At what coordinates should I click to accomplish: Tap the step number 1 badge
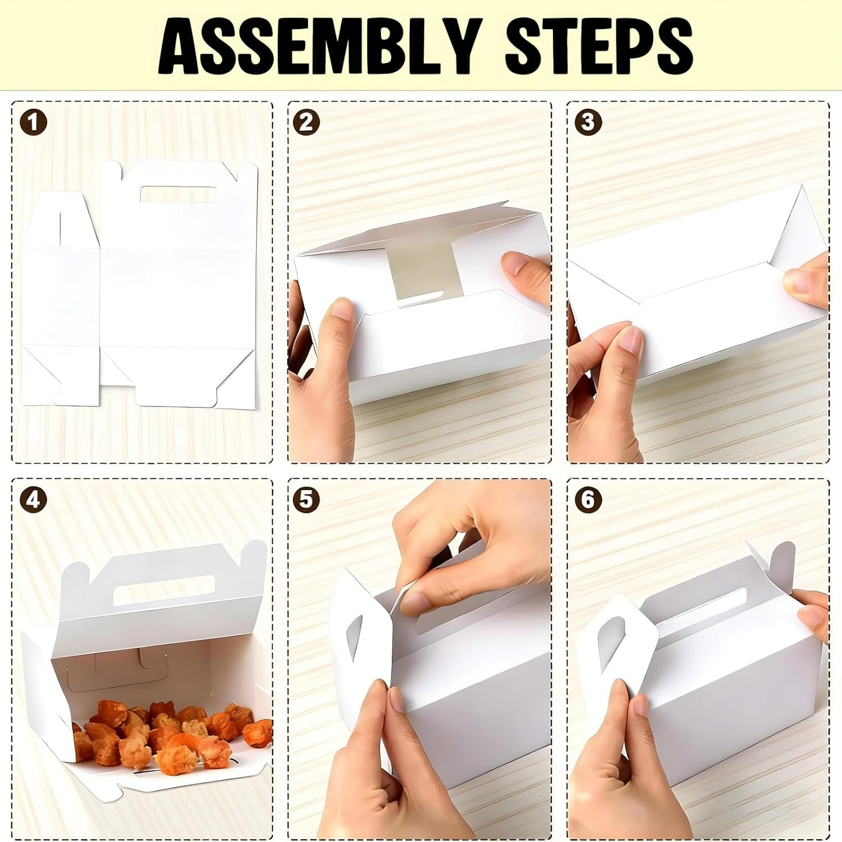tap(33, 122)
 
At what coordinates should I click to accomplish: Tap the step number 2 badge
tap(306, 122)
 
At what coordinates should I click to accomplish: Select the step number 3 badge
tap(588, 122)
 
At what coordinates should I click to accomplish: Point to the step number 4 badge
tap(33, 499)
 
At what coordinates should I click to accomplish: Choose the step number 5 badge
tap(306, 499)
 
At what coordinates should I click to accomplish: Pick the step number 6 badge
tap(588, 499)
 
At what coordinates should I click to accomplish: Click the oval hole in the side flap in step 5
tap(355, 637)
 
